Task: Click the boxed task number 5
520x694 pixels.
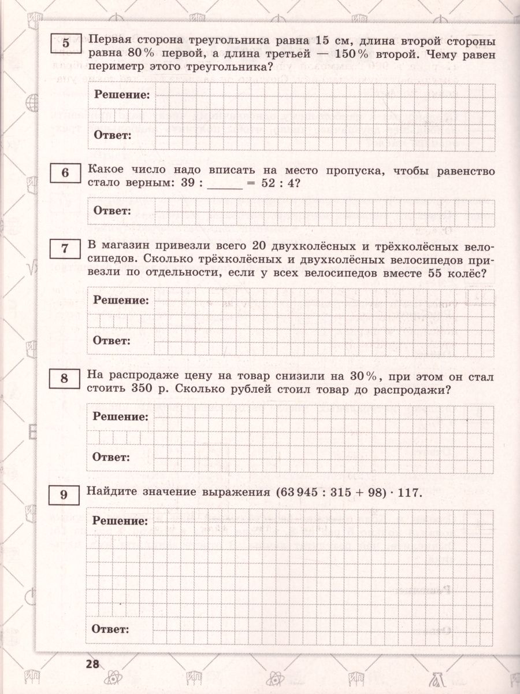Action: pyautogui.click(x=65, y=43)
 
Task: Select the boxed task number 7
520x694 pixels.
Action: pyautogui.click(x=65, y=249)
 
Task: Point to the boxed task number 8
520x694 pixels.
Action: pyautogui.click(x=65, y=379)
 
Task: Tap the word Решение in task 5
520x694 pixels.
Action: pyautogui.click(x=121, y=94)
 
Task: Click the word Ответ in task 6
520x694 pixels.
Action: pyautogui.click(x=112, y=211)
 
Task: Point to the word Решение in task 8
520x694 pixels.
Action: pyautogui.click(x=121, y=416)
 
